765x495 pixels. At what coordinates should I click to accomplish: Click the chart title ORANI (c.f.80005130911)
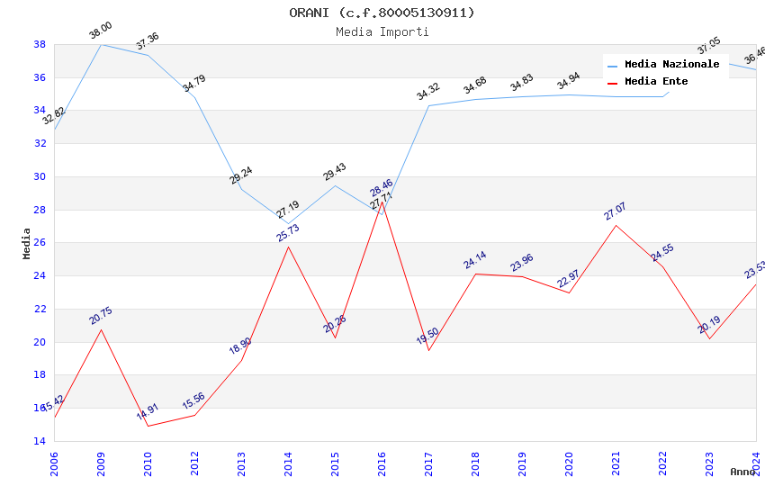pos(382,13)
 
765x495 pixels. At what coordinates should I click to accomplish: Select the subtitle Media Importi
pos(382,31)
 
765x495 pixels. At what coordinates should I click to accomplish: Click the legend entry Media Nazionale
pos(671,64)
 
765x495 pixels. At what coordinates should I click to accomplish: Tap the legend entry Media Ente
pos(656,81)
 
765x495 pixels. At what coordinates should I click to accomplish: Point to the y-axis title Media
pos(27,243)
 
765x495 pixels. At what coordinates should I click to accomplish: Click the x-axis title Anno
pos(742,472)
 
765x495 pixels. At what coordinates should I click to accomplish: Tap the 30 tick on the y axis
pos(40,176)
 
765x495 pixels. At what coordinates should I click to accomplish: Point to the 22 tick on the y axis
pos(40,309)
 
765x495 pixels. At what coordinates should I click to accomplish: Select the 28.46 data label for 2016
pos(381,189)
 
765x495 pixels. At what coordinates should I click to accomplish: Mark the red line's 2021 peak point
pos(616,225)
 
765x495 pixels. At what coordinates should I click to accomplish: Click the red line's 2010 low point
pos(148,426)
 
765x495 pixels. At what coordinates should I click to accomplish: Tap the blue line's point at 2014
pos(288,224)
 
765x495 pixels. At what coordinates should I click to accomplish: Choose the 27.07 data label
pos(615,211)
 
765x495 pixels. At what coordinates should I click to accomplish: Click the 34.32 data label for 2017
pos(427,92)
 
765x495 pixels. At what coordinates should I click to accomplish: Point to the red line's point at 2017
pos(428,350)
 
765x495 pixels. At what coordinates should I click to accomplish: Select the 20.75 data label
pos(100,316)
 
